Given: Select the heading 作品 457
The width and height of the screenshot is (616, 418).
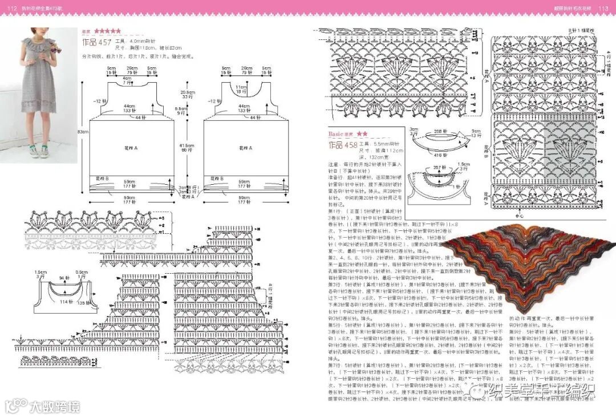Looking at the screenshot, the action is [x=96, y=43].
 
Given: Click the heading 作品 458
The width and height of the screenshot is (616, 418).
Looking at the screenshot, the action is [x=343, y=145].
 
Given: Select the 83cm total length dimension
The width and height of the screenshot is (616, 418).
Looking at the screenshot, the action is [x=84, y=132].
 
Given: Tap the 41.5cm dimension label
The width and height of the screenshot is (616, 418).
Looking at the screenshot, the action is [x=186, y=146].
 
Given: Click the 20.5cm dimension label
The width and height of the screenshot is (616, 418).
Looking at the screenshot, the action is [x=185, y=92].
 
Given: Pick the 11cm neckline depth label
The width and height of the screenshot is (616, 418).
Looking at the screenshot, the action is [x=241, y=86].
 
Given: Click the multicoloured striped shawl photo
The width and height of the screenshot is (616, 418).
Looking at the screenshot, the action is [x=525, y=262].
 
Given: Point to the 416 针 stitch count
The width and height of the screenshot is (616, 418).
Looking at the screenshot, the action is [x=437, y=155].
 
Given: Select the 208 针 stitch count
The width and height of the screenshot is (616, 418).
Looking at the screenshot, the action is [x=439, y=131].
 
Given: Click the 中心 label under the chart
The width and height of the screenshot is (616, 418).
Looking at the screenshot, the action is [x=519, y=216].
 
